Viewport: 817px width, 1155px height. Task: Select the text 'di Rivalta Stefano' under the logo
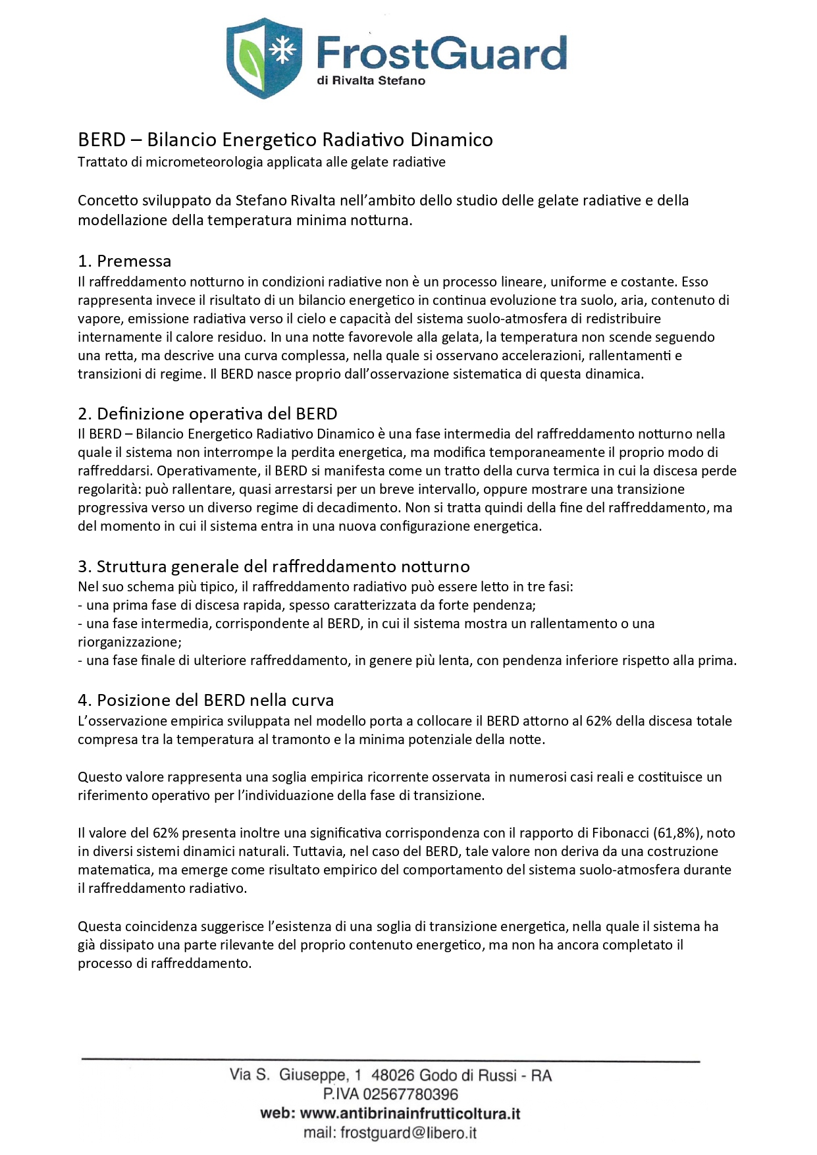pyautogui.click(x=371, y=81)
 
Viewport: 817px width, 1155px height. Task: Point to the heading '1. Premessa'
pyautogui.click(x=124, y=261)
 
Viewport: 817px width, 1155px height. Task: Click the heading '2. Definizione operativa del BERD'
pyautogui.click(x=207, y=414)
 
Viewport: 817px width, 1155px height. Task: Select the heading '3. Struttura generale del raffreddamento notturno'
pyautogui.click(x=274, y=566)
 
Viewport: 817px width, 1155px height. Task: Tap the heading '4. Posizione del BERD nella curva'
pyautogui.click(x=205, y=700)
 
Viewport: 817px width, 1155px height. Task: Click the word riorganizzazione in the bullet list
pyautogui.click(x=129, y=642)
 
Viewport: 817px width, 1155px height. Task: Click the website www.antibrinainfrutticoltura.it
pyautogui.click(x=409, y=1114)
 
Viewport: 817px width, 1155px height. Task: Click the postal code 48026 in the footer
pyautogui.click(x=393, y=1075)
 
